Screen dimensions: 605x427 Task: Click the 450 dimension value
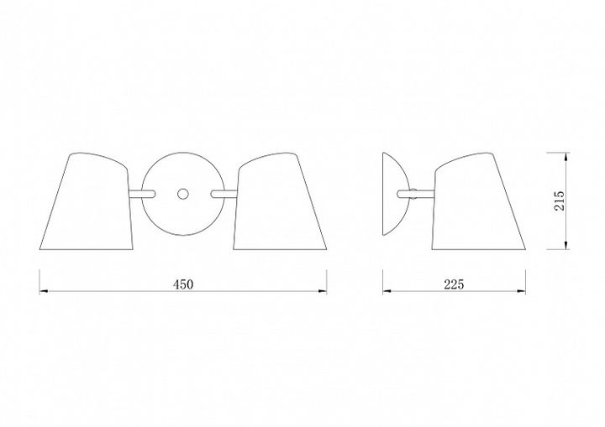coord(183,284)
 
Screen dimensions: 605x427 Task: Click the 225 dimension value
coord(454,284)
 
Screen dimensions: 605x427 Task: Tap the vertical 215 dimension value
coord(559,200)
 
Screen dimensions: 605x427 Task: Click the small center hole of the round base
coord(182,194)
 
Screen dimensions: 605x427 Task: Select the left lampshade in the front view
coord(87,201)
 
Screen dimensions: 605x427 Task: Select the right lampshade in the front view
coord(280,201)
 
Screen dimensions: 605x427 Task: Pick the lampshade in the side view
coord(478,201)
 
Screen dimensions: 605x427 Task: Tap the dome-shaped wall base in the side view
coord(392,194)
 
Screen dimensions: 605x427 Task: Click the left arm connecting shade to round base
coord(142,194)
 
